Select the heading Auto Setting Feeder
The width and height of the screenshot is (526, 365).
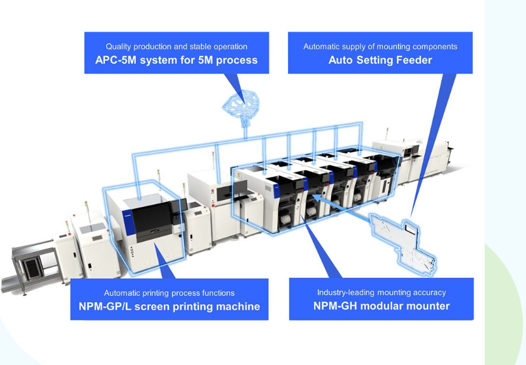click(380, 60)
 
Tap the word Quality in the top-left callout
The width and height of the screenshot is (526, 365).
click(119, 46)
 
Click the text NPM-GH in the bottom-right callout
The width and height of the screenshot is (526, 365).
click(335, 306)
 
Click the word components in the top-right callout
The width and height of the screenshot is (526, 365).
click(433, 46)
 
